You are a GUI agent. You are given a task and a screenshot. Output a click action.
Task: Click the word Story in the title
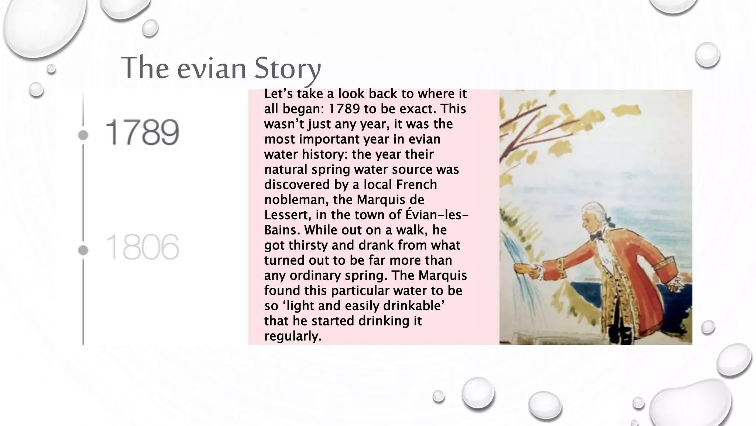[287, 68]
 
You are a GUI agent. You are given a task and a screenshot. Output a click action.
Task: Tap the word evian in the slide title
[211, 68]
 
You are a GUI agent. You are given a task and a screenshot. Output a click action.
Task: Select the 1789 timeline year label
[142, 132]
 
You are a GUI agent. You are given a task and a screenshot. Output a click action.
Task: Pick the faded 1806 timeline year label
[142, 247]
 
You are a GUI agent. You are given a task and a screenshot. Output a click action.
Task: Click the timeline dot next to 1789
[83, 135]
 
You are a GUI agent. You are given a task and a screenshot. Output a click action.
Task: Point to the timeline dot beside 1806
[83, 250]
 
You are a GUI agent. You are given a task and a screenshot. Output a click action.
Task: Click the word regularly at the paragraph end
[293, 336]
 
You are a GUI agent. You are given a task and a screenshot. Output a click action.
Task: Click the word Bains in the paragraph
[282, 230]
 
